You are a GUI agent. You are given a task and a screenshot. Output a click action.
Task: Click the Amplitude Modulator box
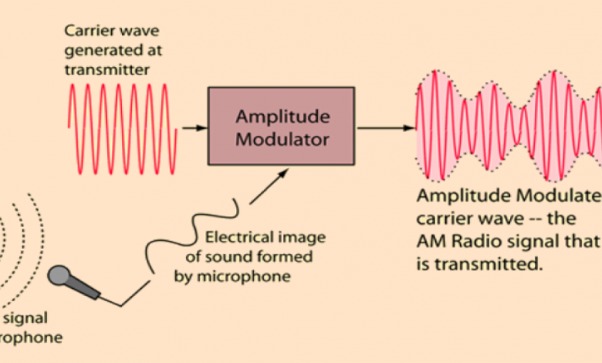(x=282, y=126)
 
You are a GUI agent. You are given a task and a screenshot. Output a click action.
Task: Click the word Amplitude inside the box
(x=281, y=117)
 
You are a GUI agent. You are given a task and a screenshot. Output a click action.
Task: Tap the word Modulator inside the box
(x=281, y=140)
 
